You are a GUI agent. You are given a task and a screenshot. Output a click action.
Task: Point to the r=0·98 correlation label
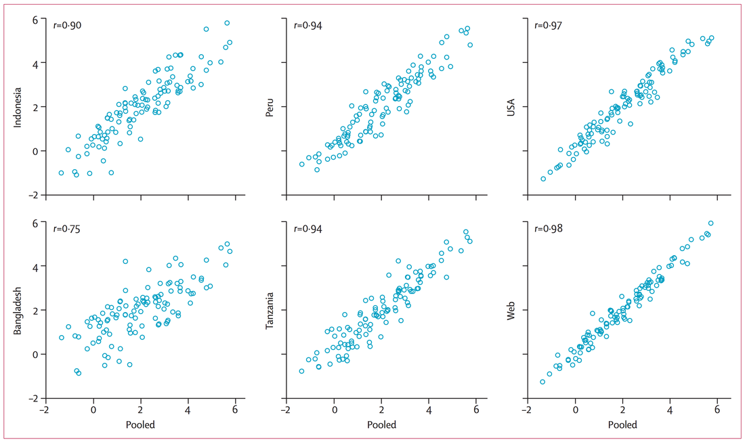(549, 229)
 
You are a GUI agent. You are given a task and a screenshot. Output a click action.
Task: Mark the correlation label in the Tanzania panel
(308, 229)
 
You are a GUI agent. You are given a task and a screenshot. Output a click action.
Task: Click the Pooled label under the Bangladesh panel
(140, 425)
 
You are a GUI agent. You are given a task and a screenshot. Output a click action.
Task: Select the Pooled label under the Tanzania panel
(381, 425)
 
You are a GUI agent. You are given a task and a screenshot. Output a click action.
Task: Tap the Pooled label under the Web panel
(622, 425)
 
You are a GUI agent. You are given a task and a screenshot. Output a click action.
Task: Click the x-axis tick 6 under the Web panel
(717, 410)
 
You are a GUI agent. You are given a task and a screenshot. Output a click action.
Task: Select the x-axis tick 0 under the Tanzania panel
(334, 410)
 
